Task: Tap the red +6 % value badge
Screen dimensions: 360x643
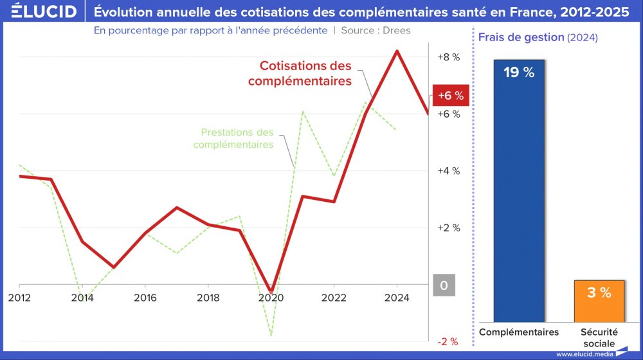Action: point(451,96)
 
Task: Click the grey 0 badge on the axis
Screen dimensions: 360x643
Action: point(444,285)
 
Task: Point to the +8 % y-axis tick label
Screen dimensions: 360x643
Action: point(448,57)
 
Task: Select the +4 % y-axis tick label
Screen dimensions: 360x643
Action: point(448,171)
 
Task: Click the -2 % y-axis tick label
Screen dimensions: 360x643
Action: point(448,341)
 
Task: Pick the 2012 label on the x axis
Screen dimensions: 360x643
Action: point(19,298)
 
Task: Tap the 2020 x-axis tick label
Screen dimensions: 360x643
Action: point(271,298)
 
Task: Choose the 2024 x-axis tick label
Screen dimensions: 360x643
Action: point(397,298)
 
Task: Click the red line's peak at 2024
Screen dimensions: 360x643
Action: point(397,51)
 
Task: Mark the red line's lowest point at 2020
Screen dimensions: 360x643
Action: point(271,292)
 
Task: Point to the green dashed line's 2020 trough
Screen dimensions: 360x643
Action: point(271,334)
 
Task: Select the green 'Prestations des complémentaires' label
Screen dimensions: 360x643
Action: point(234,138)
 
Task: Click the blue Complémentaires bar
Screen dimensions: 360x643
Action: point(518,193)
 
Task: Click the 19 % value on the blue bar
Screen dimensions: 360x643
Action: point(518,73)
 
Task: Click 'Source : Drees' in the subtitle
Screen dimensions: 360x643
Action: point(376,30)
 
